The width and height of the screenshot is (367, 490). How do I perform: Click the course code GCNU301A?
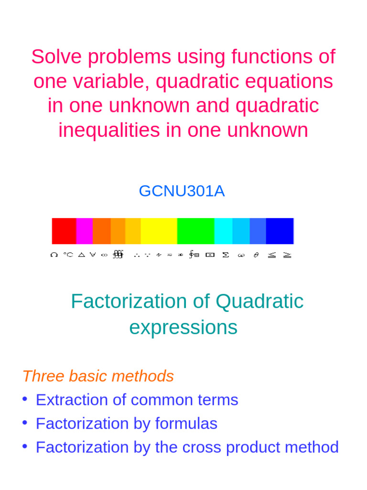[x=182, y=191]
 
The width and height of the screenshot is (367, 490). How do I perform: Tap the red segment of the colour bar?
[x=64, y=231]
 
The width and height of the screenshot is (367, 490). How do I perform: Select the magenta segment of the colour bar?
[x=84, y=231]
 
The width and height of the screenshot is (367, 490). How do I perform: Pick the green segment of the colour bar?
[x=195, y=231]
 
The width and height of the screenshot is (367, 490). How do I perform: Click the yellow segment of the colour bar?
[x=159, y=231]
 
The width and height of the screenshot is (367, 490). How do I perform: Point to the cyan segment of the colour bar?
[x=223, y=231]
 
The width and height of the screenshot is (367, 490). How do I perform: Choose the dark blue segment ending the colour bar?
[x=280, y=231]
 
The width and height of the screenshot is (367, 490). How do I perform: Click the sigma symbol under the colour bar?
[x=226, y=255]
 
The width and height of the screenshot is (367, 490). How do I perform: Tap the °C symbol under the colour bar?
[x=68, y=255]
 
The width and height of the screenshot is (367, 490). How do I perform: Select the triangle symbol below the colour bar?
[x=81, y=255]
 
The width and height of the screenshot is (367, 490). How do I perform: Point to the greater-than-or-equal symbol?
[x=287, y=255]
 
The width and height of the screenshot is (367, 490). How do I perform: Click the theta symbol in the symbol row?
[x=256, y=255]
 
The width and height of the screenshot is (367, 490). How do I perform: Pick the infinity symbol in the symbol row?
[x=104, y=255]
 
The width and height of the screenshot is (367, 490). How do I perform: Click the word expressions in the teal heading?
[x=183, y=328]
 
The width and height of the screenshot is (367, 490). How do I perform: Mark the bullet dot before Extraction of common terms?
[x=25, y=399]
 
